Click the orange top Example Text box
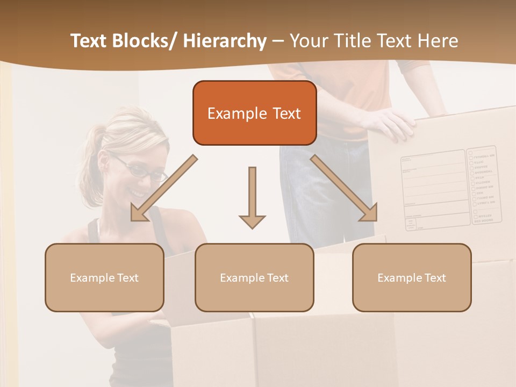(x=254, y=113)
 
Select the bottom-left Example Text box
(x=104, y=277)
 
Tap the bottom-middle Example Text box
(x=254, y=277)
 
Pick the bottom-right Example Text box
(x=412, y=277)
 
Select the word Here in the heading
(x=437, y=41)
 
